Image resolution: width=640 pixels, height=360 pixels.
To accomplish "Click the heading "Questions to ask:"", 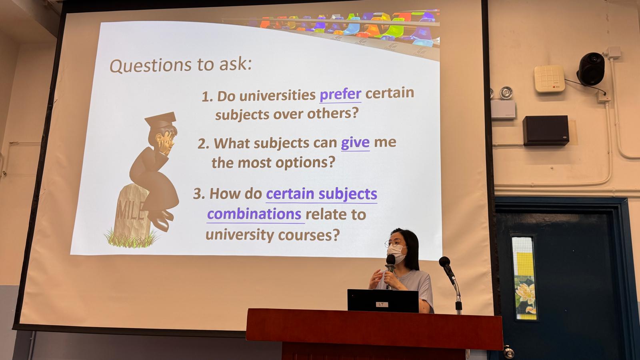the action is click(180, 65).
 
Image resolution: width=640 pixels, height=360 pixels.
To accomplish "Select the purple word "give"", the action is click(355, 143).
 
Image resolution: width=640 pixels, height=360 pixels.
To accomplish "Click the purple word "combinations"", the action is click(254, 214).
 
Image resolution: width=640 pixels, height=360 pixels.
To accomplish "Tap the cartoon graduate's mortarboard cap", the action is click(160, 120).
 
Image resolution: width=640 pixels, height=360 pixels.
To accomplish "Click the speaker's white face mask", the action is click(396, 254).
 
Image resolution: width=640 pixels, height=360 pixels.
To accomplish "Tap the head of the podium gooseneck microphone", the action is click(444, 262).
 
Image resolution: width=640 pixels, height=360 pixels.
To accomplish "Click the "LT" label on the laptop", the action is click(382, 304).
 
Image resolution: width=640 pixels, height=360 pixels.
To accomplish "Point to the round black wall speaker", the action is click(591, 69).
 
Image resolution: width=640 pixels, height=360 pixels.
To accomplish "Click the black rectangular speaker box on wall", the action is click(546, 130).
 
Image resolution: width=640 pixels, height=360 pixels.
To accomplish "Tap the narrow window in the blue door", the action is click(524, 278).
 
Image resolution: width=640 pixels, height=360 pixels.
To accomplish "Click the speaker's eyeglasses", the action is click(394, 243).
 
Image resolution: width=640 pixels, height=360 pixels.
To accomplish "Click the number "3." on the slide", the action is click(199, 194).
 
